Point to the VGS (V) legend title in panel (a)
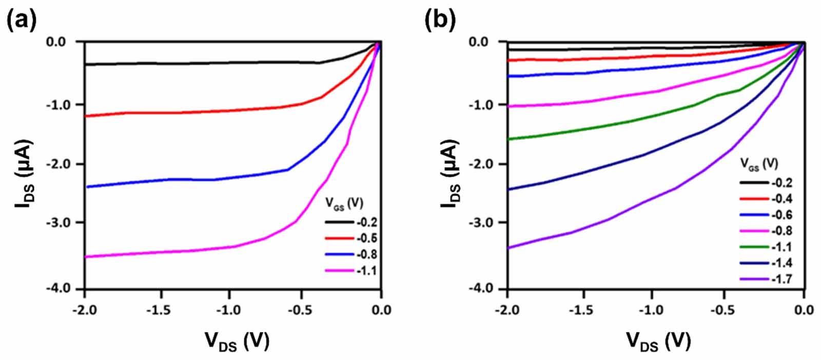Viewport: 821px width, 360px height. coord(344,203)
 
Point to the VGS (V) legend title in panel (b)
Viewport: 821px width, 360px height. coord(758,164)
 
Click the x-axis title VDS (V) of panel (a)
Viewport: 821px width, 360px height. coord(237,341)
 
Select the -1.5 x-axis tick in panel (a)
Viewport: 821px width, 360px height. coord(161,310)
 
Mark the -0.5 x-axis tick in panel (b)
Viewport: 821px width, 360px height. coord(725,310)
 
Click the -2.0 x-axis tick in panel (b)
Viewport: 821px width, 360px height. coord(507,310)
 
